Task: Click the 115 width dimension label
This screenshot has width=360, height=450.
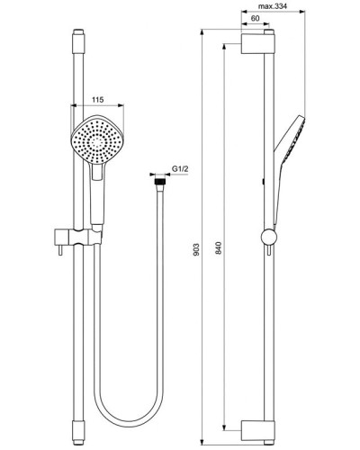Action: click(95, 101)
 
